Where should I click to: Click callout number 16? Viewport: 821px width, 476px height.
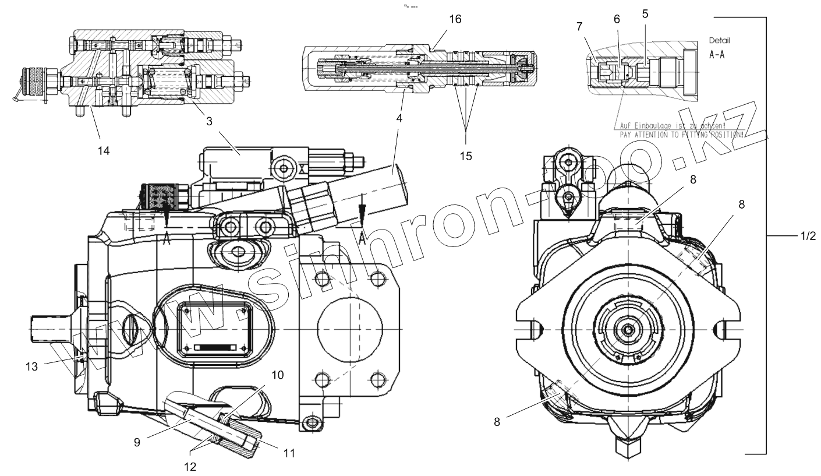point(455,19)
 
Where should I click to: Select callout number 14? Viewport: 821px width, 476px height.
point(104,151)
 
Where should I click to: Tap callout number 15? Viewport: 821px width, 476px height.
point(465,156)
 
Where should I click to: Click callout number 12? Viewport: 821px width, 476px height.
point(190,466)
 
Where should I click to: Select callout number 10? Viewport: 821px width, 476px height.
point(278,375)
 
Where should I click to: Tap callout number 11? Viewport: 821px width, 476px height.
point(289,452)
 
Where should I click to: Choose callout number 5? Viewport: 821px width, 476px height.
point(645,14)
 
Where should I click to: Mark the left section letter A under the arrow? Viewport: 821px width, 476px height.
point(167,240)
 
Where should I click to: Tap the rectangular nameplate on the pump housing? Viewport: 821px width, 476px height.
point(214,331)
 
